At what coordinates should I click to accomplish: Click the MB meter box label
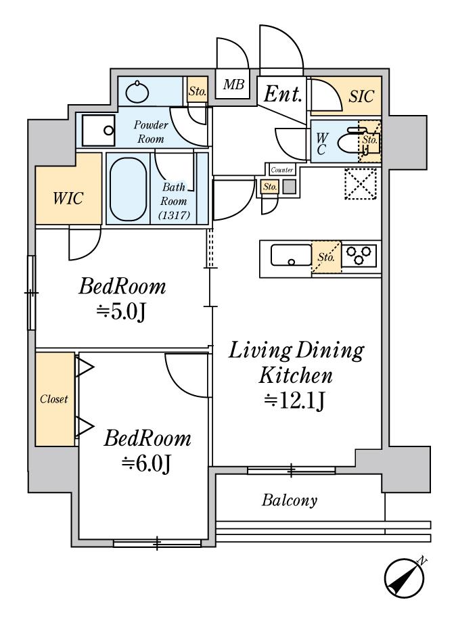pyautogui.click(x=233, y=85)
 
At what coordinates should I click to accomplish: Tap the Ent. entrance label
pyautogui.click(x=283, y=94)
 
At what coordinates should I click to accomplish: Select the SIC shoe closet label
pyautogui.click(x=361, y=96)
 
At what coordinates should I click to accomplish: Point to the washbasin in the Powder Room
pyautogui.click(x=137, y=92)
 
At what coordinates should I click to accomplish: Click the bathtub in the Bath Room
pyautogui.click(x=128, y=189)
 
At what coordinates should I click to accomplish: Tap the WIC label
pyautogui.click(x=68, y=198)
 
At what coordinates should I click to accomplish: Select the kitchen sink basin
pyautogui.click(x=292, y=255)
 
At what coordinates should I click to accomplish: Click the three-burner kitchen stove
pyautogui.click(x=359, y=255)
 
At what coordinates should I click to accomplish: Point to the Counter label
pyautogui.click(x=282, y=170)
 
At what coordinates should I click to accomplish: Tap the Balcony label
pyautogui.click(x=290, y=501)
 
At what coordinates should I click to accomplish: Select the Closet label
pyautogui.click(x=53, y=399)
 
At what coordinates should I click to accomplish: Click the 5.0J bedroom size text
pyautogui.click(x=122, y=313)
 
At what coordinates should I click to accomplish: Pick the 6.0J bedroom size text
pyautogui.click(x=147, y=463)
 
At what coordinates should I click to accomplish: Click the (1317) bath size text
pyautogui.click(x=174, y=215)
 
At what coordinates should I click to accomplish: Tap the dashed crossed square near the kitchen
pyautogui.click(x=360, y=183)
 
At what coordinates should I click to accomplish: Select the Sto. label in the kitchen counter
pyautogui.click(x=326, y=257)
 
